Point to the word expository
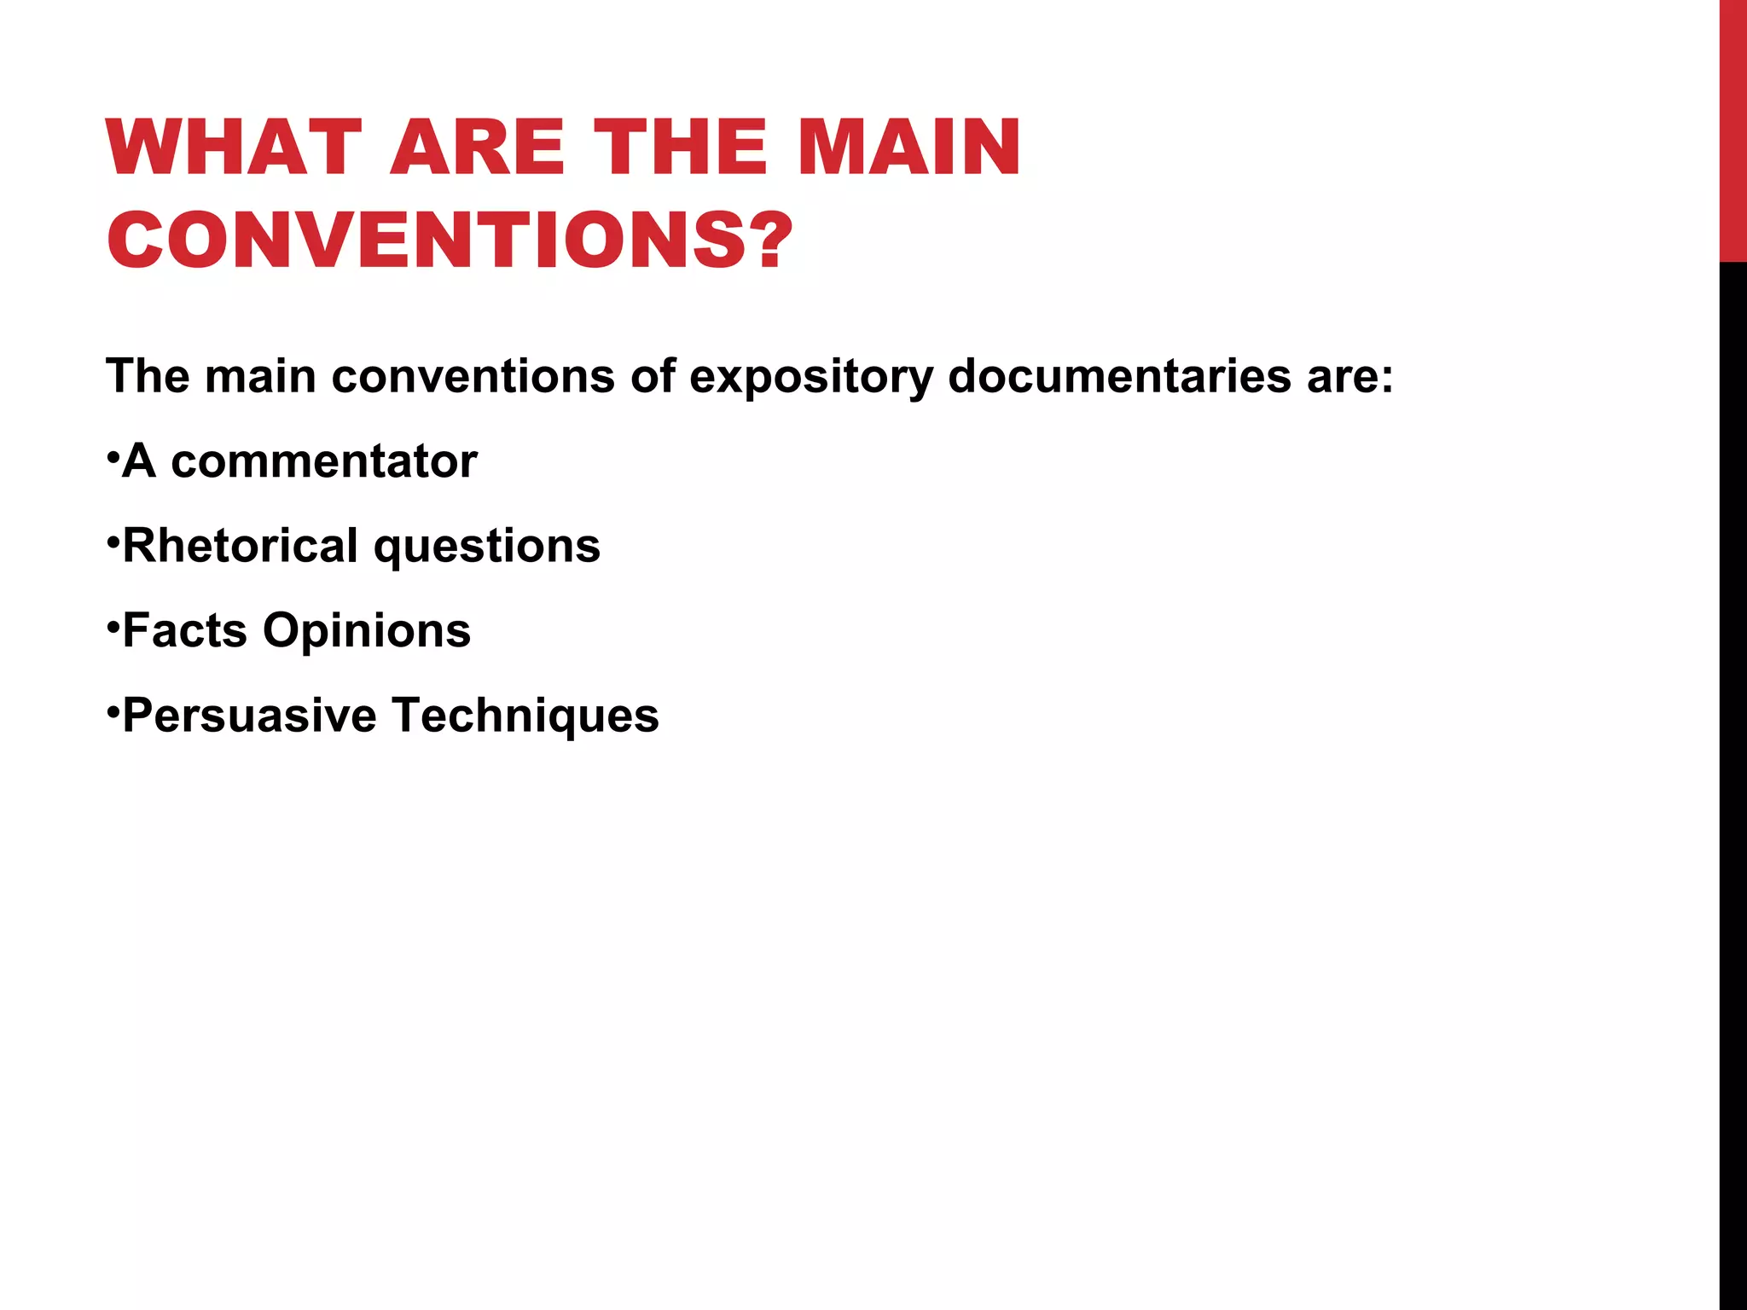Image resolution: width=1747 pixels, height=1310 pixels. point(810,376)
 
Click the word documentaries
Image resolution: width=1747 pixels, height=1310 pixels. point(1119,376)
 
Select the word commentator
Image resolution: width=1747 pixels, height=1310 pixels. point(324,461)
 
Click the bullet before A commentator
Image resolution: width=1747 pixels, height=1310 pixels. point(112,456)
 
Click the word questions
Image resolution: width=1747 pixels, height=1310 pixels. point(487,548)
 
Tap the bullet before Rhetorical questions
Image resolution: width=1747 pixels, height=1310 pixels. point(112,541)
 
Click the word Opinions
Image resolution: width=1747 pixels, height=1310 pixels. point(367,632)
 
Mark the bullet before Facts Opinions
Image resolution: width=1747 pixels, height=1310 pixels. point(112,625)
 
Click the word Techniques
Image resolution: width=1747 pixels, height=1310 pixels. point(525,716)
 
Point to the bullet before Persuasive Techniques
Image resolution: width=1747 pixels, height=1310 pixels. point(112,710)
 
